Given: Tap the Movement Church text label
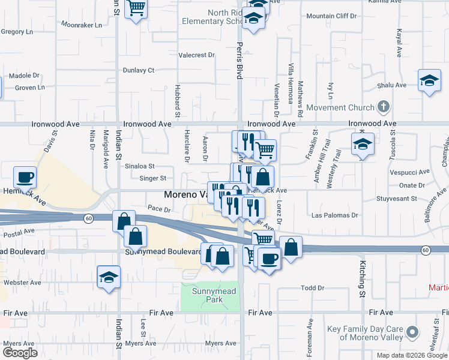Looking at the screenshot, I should [x=340, y=108].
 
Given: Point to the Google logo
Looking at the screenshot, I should [x=19, y=353].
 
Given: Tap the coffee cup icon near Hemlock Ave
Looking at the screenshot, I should [x=25, y=177].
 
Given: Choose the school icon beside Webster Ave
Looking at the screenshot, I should [x=109, y=277].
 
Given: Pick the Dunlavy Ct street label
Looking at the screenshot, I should [x=139, y=70].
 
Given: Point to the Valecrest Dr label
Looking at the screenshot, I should [x=196, y=55].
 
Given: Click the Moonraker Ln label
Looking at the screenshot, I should [x=81, y=25].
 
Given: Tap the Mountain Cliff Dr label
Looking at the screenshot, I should [x=331, y=16].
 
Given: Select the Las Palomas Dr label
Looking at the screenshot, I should [x=335, y=215].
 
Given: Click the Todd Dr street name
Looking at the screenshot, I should [x=312, y=288].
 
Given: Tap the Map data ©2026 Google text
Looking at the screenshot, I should [x=411, y=355].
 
